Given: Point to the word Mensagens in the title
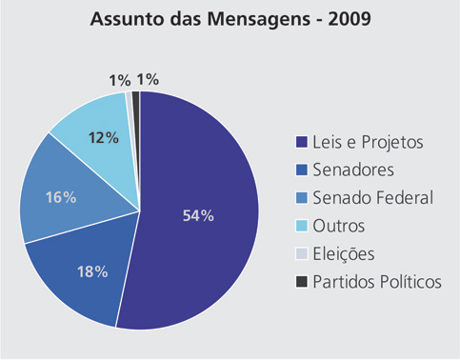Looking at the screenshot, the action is [x=259, y=20].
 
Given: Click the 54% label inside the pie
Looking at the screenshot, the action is [x=198, y=215].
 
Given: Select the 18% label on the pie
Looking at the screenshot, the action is [x=92, y=271].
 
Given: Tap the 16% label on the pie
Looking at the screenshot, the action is [x=61, y=197].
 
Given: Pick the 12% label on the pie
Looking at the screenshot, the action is [x=104, y=138].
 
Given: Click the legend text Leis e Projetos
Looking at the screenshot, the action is [x=368, y=142].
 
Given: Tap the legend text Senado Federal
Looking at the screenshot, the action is [x=373, y=197].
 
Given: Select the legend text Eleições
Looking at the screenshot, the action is [x=344, y=253].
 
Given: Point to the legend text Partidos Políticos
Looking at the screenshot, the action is [x=377, y=281].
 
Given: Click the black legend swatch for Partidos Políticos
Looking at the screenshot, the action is [x=302, y=282].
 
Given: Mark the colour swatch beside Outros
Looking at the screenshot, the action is [x=302, y=226].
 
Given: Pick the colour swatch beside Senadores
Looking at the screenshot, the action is [x=302, y=170].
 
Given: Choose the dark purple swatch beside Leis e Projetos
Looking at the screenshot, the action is [x=302, y=142].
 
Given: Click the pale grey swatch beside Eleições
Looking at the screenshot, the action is [x=302, y=253].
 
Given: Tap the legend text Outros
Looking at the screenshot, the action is [x=339, y=226].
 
